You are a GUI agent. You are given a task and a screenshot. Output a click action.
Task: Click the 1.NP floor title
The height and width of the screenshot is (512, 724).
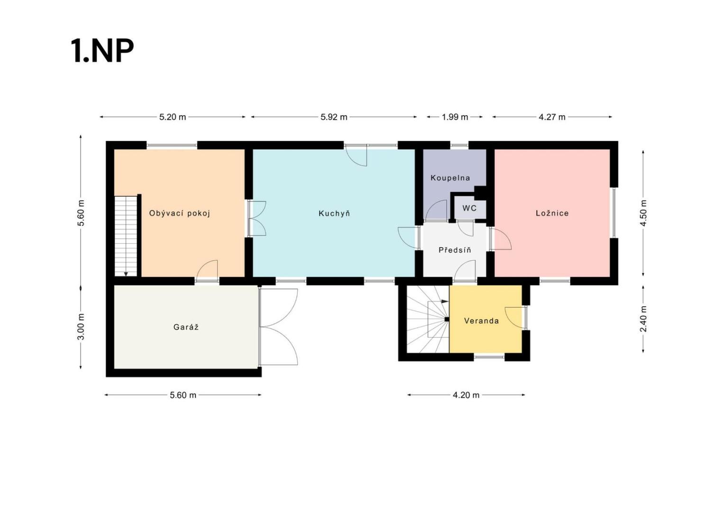(102, 51)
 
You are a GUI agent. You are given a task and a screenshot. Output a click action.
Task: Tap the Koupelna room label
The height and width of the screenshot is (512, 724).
(450, 178)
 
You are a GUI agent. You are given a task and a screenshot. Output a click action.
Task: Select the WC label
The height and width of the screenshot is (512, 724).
(469, 208)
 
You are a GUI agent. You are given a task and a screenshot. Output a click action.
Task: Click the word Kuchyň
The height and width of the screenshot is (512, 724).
(334, 213)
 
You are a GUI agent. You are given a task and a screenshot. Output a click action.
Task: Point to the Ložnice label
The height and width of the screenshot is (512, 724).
(552, 213)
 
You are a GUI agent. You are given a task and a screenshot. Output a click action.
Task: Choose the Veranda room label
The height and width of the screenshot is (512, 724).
(481, 320)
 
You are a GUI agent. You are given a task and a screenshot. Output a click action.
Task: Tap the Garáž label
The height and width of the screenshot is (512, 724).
(186, 327)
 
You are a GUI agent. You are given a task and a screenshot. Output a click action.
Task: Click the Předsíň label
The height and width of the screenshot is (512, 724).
(455, 250)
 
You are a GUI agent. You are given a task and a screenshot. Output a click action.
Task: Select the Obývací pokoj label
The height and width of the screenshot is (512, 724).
(179, 213)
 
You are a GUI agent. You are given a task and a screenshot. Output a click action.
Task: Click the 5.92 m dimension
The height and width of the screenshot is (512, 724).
(334, 117)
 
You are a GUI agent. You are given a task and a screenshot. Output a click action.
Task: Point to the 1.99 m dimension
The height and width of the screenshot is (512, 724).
(455, 117)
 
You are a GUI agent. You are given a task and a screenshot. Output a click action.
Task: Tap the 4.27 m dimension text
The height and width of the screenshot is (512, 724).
(552, 117)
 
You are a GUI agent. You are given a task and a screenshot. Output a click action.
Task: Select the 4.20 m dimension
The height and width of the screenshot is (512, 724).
(466, 395)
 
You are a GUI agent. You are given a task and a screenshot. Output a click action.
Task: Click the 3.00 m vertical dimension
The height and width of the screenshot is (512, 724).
(81, 327)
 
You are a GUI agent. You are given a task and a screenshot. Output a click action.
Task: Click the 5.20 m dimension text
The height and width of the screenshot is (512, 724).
(173, 117)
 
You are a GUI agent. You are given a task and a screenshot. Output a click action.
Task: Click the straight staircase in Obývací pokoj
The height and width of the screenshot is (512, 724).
(126, 236)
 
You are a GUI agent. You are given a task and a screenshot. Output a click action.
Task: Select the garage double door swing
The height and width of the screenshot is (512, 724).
(279, 327)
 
